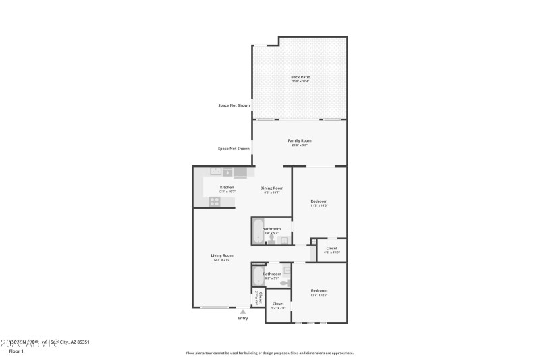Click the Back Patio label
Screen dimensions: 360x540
300,77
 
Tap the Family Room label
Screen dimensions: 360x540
300,140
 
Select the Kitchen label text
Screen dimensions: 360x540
227,187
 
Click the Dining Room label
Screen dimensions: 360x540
272,188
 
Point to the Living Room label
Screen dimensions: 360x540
221,255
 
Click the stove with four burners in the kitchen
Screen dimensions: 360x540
214,201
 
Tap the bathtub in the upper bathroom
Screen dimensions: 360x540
257,232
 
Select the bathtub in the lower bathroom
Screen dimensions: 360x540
257,276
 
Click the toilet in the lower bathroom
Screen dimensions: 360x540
286,280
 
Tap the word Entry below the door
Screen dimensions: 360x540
243,318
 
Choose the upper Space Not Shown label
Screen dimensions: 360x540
234,105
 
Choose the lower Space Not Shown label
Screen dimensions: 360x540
234,149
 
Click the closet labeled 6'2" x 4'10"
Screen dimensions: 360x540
331,249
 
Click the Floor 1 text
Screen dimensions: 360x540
16,351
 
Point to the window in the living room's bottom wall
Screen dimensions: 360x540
214,308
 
